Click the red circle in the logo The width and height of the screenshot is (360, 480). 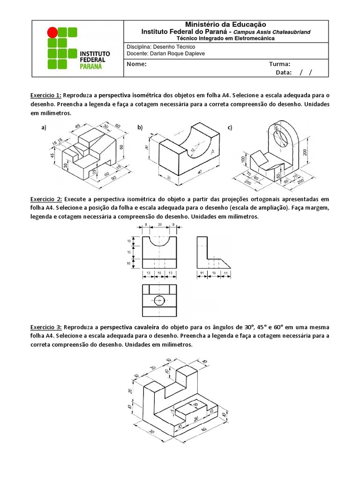52,32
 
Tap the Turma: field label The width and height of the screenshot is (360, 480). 279,64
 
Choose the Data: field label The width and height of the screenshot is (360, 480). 284,72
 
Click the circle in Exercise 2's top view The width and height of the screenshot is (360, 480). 159,300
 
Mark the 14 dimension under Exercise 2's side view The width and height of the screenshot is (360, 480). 214,272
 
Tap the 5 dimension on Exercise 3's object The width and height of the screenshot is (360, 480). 173,412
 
